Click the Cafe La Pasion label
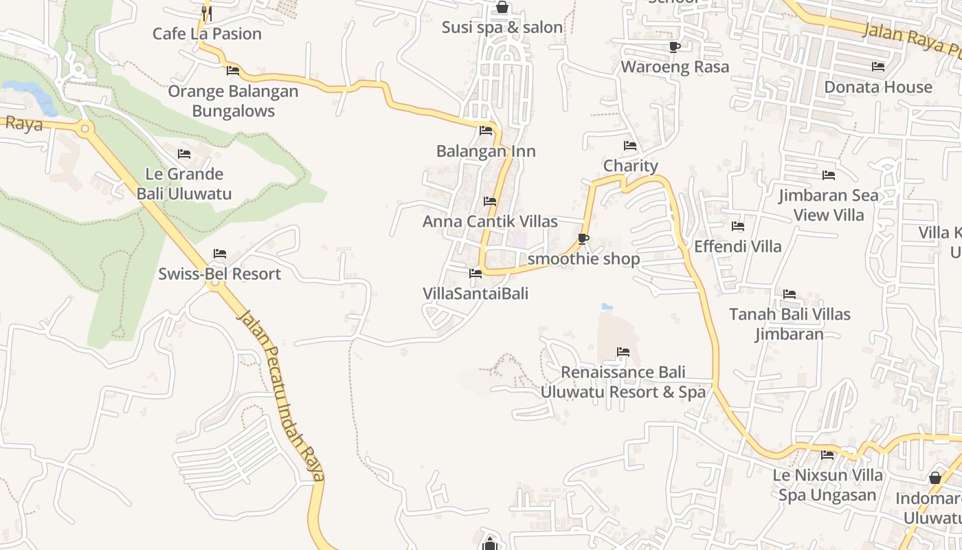pos(207,34)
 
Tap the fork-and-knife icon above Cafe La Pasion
pos(206,12)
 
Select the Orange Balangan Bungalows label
pos(233,101)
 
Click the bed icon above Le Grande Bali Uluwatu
pos(183,154)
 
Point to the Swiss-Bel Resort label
pos(219,274)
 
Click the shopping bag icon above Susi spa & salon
pos(502,8)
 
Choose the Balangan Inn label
pos(486,151)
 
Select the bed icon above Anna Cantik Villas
pos(490,201)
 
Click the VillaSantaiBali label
pos(476,294)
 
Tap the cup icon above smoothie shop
pos(583,239)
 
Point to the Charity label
pos(630,166)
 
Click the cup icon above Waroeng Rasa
pos(674,47)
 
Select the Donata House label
pos(877,87)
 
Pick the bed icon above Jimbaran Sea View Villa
pos(829,175)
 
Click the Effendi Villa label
pos(738,246)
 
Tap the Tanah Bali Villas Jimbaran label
pos(790,324)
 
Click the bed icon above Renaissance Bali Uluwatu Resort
pos(623,352)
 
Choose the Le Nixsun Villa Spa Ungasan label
pos(827,485)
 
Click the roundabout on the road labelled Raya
pos(85,128)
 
